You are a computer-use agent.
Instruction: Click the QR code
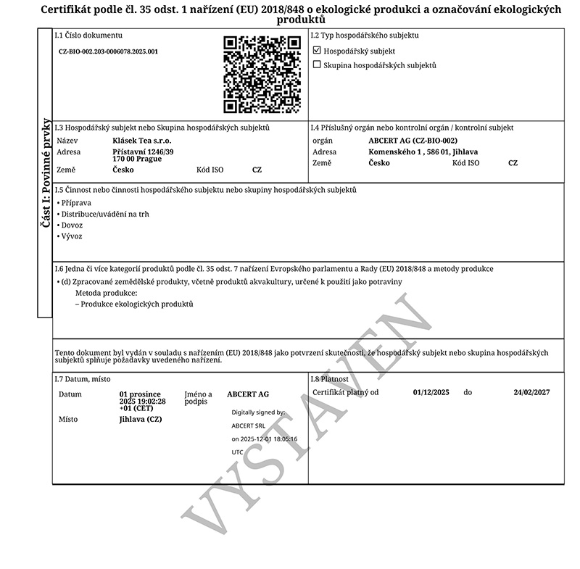262,75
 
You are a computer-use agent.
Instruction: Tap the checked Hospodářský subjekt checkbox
317,51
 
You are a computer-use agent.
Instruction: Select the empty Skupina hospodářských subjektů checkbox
317,65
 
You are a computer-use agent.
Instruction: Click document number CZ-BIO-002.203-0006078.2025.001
108,51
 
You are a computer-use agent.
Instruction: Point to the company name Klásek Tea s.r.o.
141,140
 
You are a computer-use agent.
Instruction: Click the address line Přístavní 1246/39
144,151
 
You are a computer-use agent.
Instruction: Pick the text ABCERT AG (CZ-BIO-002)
413,140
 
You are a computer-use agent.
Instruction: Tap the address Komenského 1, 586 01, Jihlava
423,151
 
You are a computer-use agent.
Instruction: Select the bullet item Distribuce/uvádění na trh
105,214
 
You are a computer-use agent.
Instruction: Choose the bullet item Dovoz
72,225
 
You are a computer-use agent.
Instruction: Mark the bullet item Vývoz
72,236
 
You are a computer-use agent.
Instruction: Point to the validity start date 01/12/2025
431,392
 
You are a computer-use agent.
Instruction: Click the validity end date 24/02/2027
531,392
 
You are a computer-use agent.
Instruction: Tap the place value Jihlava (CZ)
141,419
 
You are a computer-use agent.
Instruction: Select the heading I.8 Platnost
330,379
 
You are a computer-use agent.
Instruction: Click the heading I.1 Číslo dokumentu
88,35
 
